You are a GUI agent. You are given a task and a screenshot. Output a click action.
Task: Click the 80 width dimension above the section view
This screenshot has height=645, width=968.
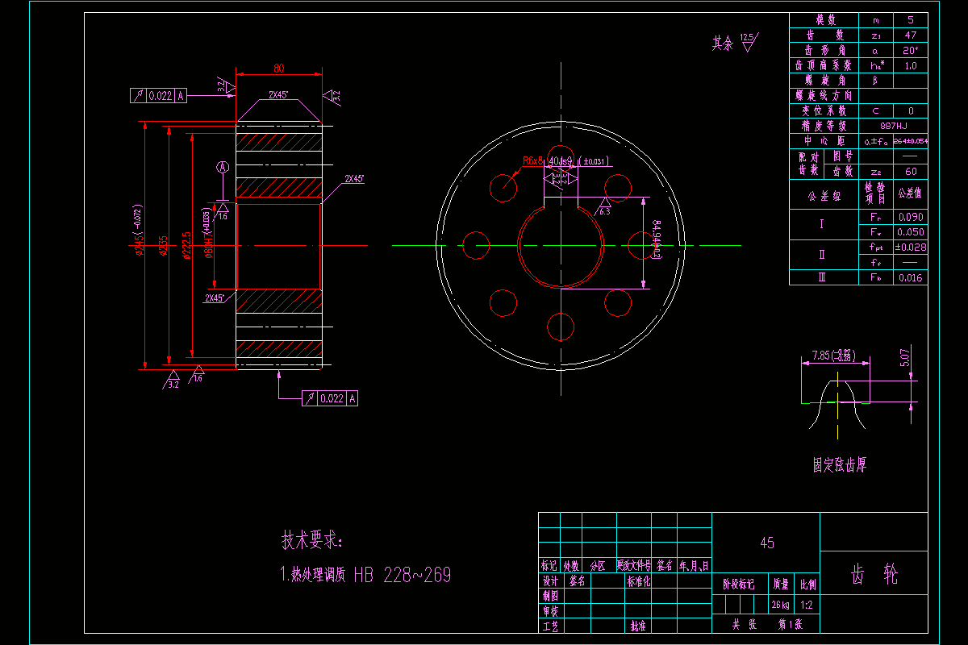point(278,68)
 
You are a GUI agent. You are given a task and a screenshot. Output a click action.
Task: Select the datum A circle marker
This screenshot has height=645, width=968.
point(223,168)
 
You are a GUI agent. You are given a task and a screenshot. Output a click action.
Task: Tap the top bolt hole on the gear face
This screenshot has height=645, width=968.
point(560,158)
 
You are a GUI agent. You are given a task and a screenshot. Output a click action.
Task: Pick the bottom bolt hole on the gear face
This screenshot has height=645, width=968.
point(560,327)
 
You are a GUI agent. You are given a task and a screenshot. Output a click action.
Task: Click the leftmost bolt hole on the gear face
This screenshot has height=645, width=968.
point(476,245)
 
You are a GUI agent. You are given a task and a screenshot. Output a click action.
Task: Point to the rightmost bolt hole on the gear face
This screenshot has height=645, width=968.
point(645,245)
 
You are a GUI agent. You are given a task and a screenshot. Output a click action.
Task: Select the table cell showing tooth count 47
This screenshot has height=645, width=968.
point(911,35)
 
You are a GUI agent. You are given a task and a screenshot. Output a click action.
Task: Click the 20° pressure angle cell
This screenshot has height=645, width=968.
point(911,51)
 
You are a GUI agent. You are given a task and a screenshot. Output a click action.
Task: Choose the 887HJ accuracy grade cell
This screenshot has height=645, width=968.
point(894,126)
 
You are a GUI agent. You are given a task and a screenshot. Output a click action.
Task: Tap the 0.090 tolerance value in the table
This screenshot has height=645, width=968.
point(911,217)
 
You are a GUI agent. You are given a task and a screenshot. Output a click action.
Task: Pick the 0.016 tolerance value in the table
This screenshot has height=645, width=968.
point(911,277)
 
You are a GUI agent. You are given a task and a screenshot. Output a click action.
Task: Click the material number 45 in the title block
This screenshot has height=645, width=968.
point(766,543)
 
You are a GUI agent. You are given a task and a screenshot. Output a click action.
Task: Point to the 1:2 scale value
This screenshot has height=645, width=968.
point(807,605)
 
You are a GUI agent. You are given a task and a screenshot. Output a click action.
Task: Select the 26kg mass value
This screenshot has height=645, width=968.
point(780,605)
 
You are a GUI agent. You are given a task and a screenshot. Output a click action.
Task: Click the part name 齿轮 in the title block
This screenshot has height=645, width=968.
point(874,574)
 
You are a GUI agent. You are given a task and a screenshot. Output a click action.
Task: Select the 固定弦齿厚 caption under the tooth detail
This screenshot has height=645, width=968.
point(839,465)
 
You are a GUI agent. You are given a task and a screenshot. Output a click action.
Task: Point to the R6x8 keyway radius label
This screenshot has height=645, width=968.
point(534,161)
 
